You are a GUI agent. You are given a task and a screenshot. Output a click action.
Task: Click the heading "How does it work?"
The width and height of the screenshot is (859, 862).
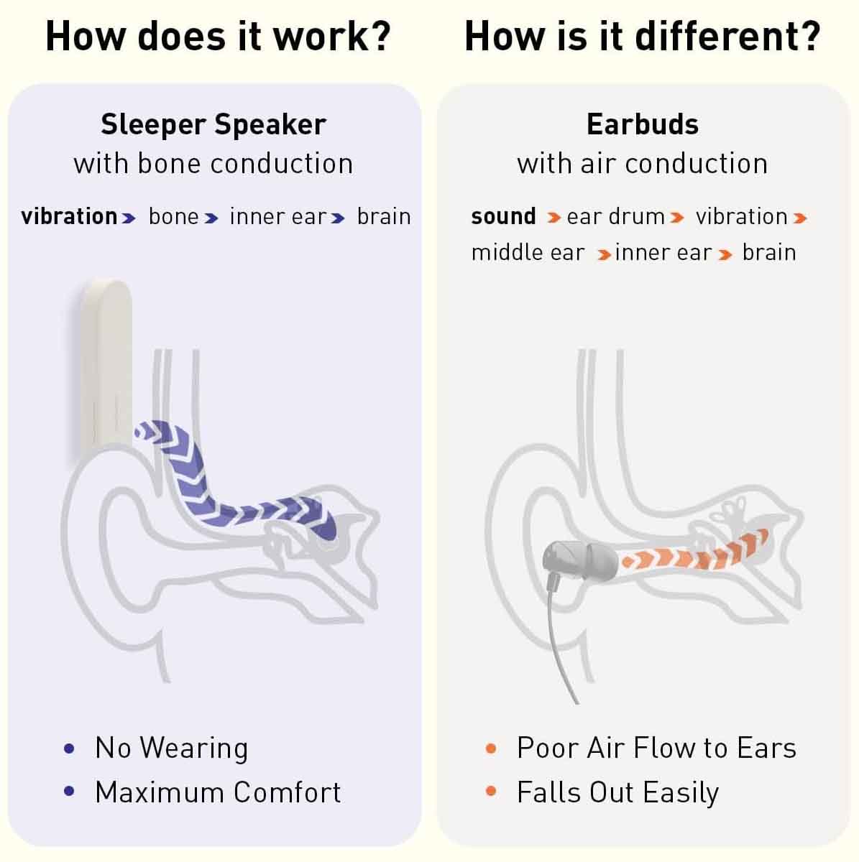coord(218,36)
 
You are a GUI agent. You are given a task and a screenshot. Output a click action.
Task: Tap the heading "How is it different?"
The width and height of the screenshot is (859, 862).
coord(643,36)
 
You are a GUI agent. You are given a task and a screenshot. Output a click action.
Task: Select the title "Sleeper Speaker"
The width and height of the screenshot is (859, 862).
coord(213,125)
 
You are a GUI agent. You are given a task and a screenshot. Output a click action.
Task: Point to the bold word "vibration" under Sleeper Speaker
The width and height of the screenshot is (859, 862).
coord(70,216)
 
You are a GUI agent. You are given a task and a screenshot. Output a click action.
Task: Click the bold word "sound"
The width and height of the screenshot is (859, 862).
coord(503,216)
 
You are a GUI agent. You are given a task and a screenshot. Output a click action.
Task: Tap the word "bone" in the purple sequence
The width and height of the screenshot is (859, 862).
coord(174,216)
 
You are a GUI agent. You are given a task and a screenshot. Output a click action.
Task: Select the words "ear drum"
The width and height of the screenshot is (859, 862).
coord(616,216)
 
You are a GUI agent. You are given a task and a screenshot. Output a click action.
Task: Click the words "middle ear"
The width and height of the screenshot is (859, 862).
coord(528,253)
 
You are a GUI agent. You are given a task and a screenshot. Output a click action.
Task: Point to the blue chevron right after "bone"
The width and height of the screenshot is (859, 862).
coord(211,218)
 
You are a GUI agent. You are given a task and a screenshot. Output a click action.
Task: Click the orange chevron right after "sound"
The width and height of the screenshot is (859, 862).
coord(553,218)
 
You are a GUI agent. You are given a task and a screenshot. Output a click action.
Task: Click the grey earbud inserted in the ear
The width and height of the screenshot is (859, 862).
coord(580,561)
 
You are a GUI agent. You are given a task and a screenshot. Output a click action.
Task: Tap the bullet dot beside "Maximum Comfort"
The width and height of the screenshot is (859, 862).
coord(69,791)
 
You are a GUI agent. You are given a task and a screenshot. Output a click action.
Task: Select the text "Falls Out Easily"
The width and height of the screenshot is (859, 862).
coord(617,792)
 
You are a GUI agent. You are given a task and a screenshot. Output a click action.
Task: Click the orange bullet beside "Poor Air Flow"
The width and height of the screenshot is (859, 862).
coord(491,748)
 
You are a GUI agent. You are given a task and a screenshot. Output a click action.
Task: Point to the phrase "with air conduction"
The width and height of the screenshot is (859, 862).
coord(643,164)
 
